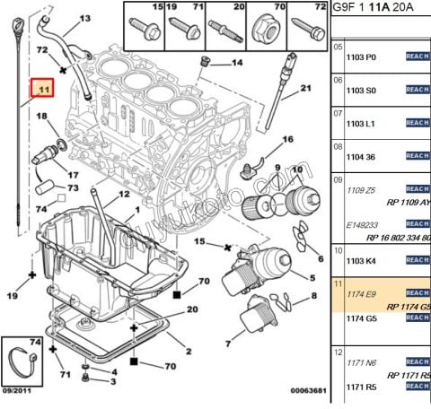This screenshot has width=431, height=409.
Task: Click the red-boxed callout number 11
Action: click(x=42, y=89)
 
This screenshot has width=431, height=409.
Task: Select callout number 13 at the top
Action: click(x=85, y=18)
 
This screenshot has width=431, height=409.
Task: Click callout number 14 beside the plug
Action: click(x=238, y=63)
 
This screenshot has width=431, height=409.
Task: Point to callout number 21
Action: click(x=305, y=88)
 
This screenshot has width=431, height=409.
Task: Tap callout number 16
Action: click(x=288, y=140)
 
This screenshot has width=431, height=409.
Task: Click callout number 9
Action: click(x=278, y=167)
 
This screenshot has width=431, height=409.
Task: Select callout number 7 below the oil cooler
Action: click(x=229, y=343)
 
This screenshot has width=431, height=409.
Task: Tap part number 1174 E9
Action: click(x=360, y=293)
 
